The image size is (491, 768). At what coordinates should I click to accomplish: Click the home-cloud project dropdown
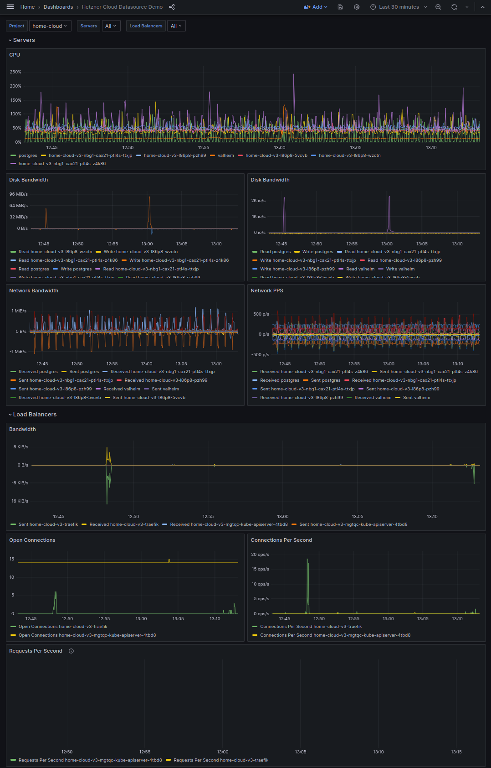click(50, 26)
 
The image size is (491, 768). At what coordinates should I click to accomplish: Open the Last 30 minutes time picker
click(399, 7)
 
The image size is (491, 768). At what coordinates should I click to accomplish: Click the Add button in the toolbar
click(316, 7)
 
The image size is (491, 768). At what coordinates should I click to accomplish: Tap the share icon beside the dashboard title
click(172, 7)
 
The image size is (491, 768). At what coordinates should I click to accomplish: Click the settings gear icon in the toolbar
click(357, 7)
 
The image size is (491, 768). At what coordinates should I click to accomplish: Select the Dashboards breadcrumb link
click(58, 7)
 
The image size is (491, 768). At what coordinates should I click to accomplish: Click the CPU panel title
click(15, 55)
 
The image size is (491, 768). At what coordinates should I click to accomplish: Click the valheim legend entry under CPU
click(225, 156)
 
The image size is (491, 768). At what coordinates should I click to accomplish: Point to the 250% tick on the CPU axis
click(15, 72)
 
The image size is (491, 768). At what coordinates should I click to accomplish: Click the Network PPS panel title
click(267, 291)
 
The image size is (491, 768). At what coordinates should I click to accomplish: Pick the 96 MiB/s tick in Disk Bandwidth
click(19, 194)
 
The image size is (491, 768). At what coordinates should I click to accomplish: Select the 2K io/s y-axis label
click(258, 201)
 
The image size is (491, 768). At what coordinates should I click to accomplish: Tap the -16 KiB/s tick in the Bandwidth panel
click(19, 501)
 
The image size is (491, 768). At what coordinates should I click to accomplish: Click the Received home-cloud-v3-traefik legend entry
click(124, 524)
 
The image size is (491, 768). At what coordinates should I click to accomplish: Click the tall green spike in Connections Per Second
click(307, 584)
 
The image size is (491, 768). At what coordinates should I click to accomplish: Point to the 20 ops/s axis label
click(261, 555)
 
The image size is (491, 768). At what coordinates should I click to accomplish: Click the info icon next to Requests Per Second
click(71, 651)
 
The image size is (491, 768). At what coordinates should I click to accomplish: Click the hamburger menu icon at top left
click(10, 7)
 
